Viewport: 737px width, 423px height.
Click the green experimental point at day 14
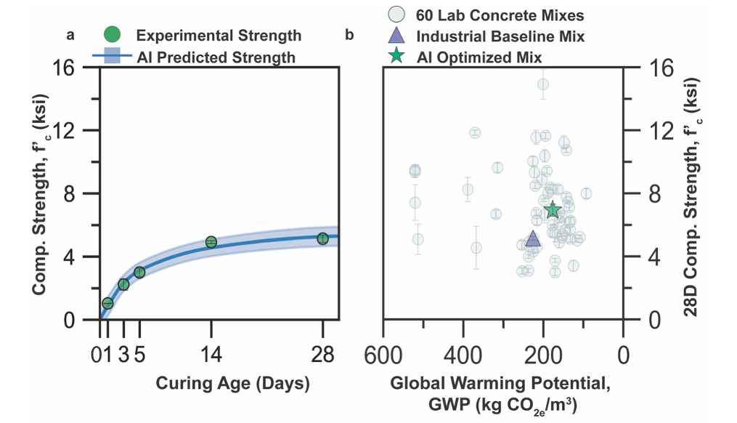coord(211,242)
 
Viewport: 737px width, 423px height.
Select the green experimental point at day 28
coord(322,238)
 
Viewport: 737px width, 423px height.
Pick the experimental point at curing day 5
coord(139,273)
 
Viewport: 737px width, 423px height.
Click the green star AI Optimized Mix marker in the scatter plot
coord(553,210)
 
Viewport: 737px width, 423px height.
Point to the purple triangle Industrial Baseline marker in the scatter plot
coord(533,239)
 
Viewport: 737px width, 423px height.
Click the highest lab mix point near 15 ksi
coord(543,84)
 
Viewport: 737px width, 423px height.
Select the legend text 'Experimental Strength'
coord(219,36)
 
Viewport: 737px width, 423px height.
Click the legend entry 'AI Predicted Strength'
coord(216,57)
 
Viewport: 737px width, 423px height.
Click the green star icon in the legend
coord(396,56)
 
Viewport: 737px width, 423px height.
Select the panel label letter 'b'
coord(350,34)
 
